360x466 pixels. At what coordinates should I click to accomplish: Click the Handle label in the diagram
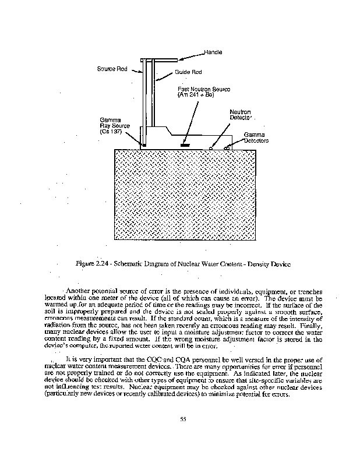pos(214,53)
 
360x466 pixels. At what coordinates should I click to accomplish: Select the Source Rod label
pos(112,69)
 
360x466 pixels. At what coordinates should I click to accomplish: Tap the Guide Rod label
pos(188,73)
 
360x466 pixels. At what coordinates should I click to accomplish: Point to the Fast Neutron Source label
pos(204,91)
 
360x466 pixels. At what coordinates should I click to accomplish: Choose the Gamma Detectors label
pos(255,137)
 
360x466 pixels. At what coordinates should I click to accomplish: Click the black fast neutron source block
pos(186,143)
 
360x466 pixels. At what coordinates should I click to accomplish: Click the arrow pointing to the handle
pos(190,56)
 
